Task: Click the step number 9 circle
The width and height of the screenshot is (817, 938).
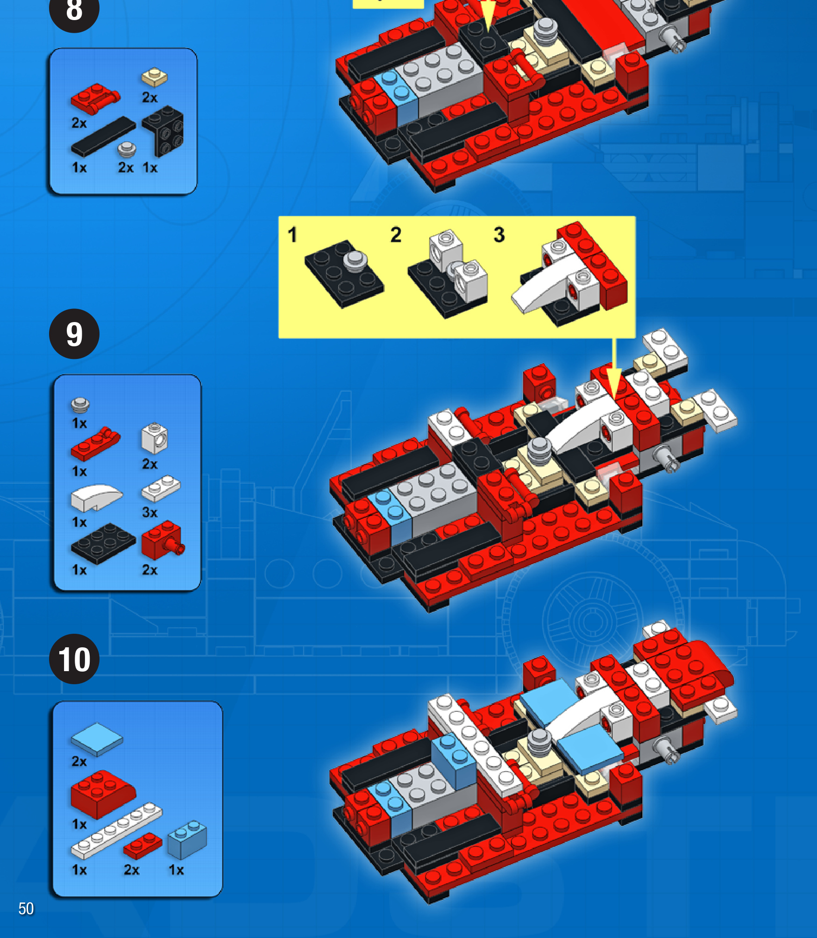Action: pyautogui.click(x=74, y=334)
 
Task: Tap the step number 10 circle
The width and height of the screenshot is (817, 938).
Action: pyautogui.click(x=74, y=659)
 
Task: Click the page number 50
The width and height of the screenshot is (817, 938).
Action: pyautogui.click(x=26, y=909)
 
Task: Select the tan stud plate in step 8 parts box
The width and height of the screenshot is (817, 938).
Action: pyautogui.click(x=155, y=78)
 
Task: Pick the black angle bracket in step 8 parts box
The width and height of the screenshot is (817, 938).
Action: pyautogui.click(x=164, y=131)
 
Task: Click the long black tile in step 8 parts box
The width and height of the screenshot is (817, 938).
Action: pyautogui.click(x=103, y=136)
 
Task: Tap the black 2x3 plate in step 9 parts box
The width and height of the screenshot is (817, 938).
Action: pyautogui.click(x=103, y=544)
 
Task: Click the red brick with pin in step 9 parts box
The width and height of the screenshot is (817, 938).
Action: pyautogui.click(x=163, y=540)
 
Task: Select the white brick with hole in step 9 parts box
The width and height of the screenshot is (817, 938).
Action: pyautogui.click(x=155, y=438)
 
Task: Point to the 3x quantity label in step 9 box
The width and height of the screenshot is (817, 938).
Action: pyautogui.click(x=150, y=512)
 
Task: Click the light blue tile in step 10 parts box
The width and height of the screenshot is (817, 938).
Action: pyautogui.click(x=97, y=739)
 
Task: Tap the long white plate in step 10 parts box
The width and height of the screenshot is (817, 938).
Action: pyautogui.click(x=116, y=831)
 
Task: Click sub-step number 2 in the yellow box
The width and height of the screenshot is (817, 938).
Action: pyautogui.click(x=396, y=235)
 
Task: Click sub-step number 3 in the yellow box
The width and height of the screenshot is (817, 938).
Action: pyautogui.click(x=499, y=235)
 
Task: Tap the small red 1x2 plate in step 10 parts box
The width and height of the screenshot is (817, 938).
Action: pyautogui.click(x=143, y=845)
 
